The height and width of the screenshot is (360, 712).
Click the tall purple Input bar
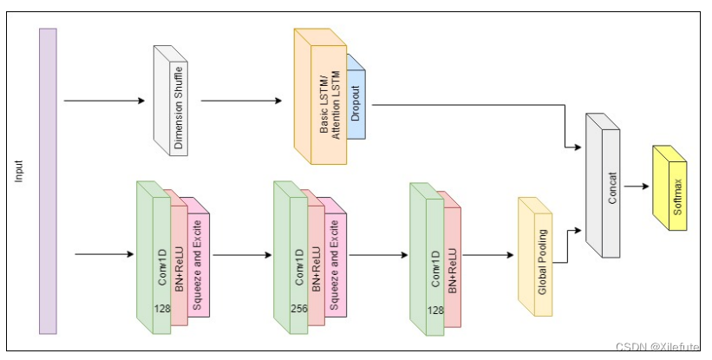[48, 180]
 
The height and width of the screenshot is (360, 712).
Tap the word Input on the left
[19, 171]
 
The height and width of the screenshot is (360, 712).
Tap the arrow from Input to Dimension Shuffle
[104, 101]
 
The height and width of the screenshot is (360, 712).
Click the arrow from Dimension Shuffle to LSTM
[241, 101]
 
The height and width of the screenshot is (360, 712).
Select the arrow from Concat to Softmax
[637, 186]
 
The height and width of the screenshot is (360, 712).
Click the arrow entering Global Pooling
[490, 255]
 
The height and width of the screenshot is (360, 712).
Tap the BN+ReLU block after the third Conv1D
[450, 264]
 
